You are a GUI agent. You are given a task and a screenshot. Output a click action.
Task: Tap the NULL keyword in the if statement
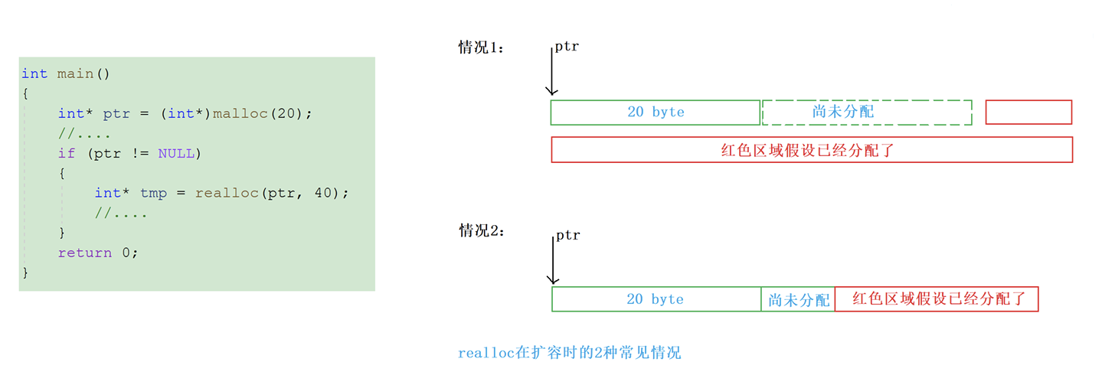[176, 153]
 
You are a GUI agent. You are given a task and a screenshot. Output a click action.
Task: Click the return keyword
[84, 253]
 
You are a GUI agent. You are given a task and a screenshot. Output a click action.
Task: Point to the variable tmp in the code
[153, 193]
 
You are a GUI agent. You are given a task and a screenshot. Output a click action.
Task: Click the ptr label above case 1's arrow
[567, 47]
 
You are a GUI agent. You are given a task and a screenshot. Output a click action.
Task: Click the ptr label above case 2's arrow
[567, 236]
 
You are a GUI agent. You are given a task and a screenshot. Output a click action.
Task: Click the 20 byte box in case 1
[656, 112]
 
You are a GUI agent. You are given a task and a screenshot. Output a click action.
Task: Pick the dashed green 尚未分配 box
[867, 112]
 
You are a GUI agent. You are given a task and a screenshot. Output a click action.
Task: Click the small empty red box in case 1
[1028, 112]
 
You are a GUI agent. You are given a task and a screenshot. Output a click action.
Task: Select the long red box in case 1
[812, 150]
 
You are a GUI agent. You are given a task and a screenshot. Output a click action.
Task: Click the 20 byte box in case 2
[656, 299]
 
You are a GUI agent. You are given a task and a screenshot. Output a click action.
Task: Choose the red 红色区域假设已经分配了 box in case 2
[936, 299]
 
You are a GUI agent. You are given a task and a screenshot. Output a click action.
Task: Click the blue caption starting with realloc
[569, 353]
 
